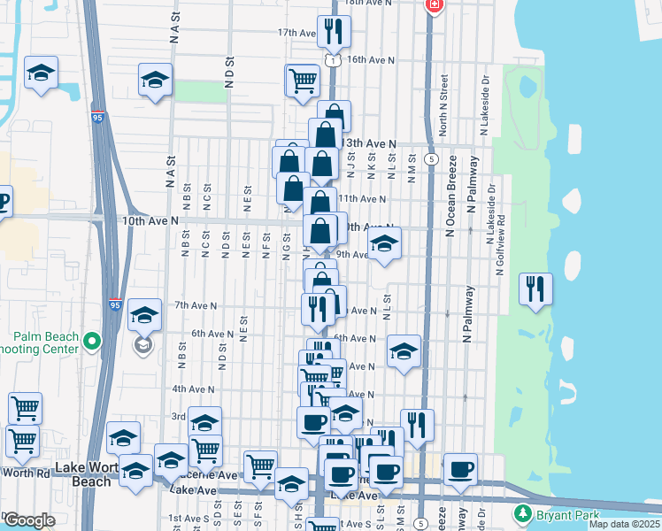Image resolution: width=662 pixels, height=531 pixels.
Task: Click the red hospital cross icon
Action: [x=434, y=5]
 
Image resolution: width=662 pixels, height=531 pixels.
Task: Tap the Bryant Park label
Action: [x=566, y=513]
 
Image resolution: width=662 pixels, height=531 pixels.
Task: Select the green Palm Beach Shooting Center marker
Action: [x=92, y=341]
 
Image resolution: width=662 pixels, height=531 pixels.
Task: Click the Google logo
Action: [x=29, y=520]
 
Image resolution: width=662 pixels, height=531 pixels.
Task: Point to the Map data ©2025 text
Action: [x=623, y=524]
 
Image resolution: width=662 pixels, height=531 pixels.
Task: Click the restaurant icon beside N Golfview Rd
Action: [x=535, y=289]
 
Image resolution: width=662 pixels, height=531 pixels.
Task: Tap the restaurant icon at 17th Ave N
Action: [x=334, y=31]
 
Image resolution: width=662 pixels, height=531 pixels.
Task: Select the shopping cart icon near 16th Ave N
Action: [x=302, y=80]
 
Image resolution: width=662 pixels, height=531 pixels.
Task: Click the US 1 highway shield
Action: [x=330, y=60]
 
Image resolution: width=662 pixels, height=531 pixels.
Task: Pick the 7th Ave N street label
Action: [x=196, y=305]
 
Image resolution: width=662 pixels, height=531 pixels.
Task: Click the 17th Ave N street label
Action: [x=296, y=33]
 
